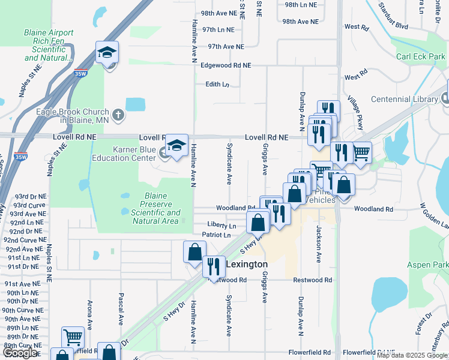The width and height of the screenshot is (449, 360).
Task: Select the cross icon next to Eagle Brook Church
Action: coord(119,113)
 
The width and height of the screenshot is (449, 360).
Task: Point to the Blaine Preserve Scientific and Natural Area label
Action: coord(155,208)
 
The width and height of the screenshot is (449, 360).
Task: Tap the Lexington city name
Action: coord(246,263)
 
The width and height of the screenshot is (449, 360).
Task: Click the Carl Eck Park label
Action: coord(421,56)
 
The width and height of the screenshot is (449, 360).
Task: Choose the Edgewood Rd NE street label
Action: coord(226,65)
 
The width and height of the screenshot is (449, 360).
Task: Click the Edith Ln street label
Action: coord(217,84)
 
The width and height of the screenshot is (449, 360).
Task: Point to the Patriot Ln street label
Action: coord(216,235)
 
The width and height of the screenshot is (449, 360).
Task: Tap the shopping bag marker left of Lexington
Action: coord(195,252)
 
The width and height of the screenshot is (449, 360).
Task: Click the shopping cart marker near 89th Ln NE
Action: coord(73,337)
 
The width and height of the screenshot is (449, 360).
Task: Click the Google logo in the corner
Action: coord(19,353)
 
